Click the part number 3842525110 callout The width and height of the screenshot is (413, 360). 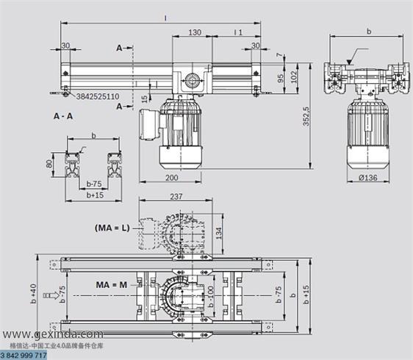pos(98,96)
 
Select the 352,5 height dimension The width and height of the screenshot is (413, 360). pos(306,116)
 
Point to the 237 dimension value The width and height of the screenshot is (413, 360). pos(176,196)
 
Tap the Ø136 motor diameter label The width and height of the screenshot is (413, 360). pos(368,178)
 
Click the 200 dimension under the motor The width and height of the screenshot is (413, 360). pos(171,178)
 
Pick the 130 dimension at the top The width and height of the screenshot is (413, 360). pos(195,32)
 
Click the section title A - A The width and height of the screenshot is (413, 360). pos(63,116)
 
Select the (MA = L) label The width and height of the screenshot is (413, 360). pos(112,228)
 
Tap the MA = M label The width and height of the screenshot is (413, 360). pos(112,284)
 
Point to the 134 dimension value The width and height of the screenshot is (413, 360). pos(219,234)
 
